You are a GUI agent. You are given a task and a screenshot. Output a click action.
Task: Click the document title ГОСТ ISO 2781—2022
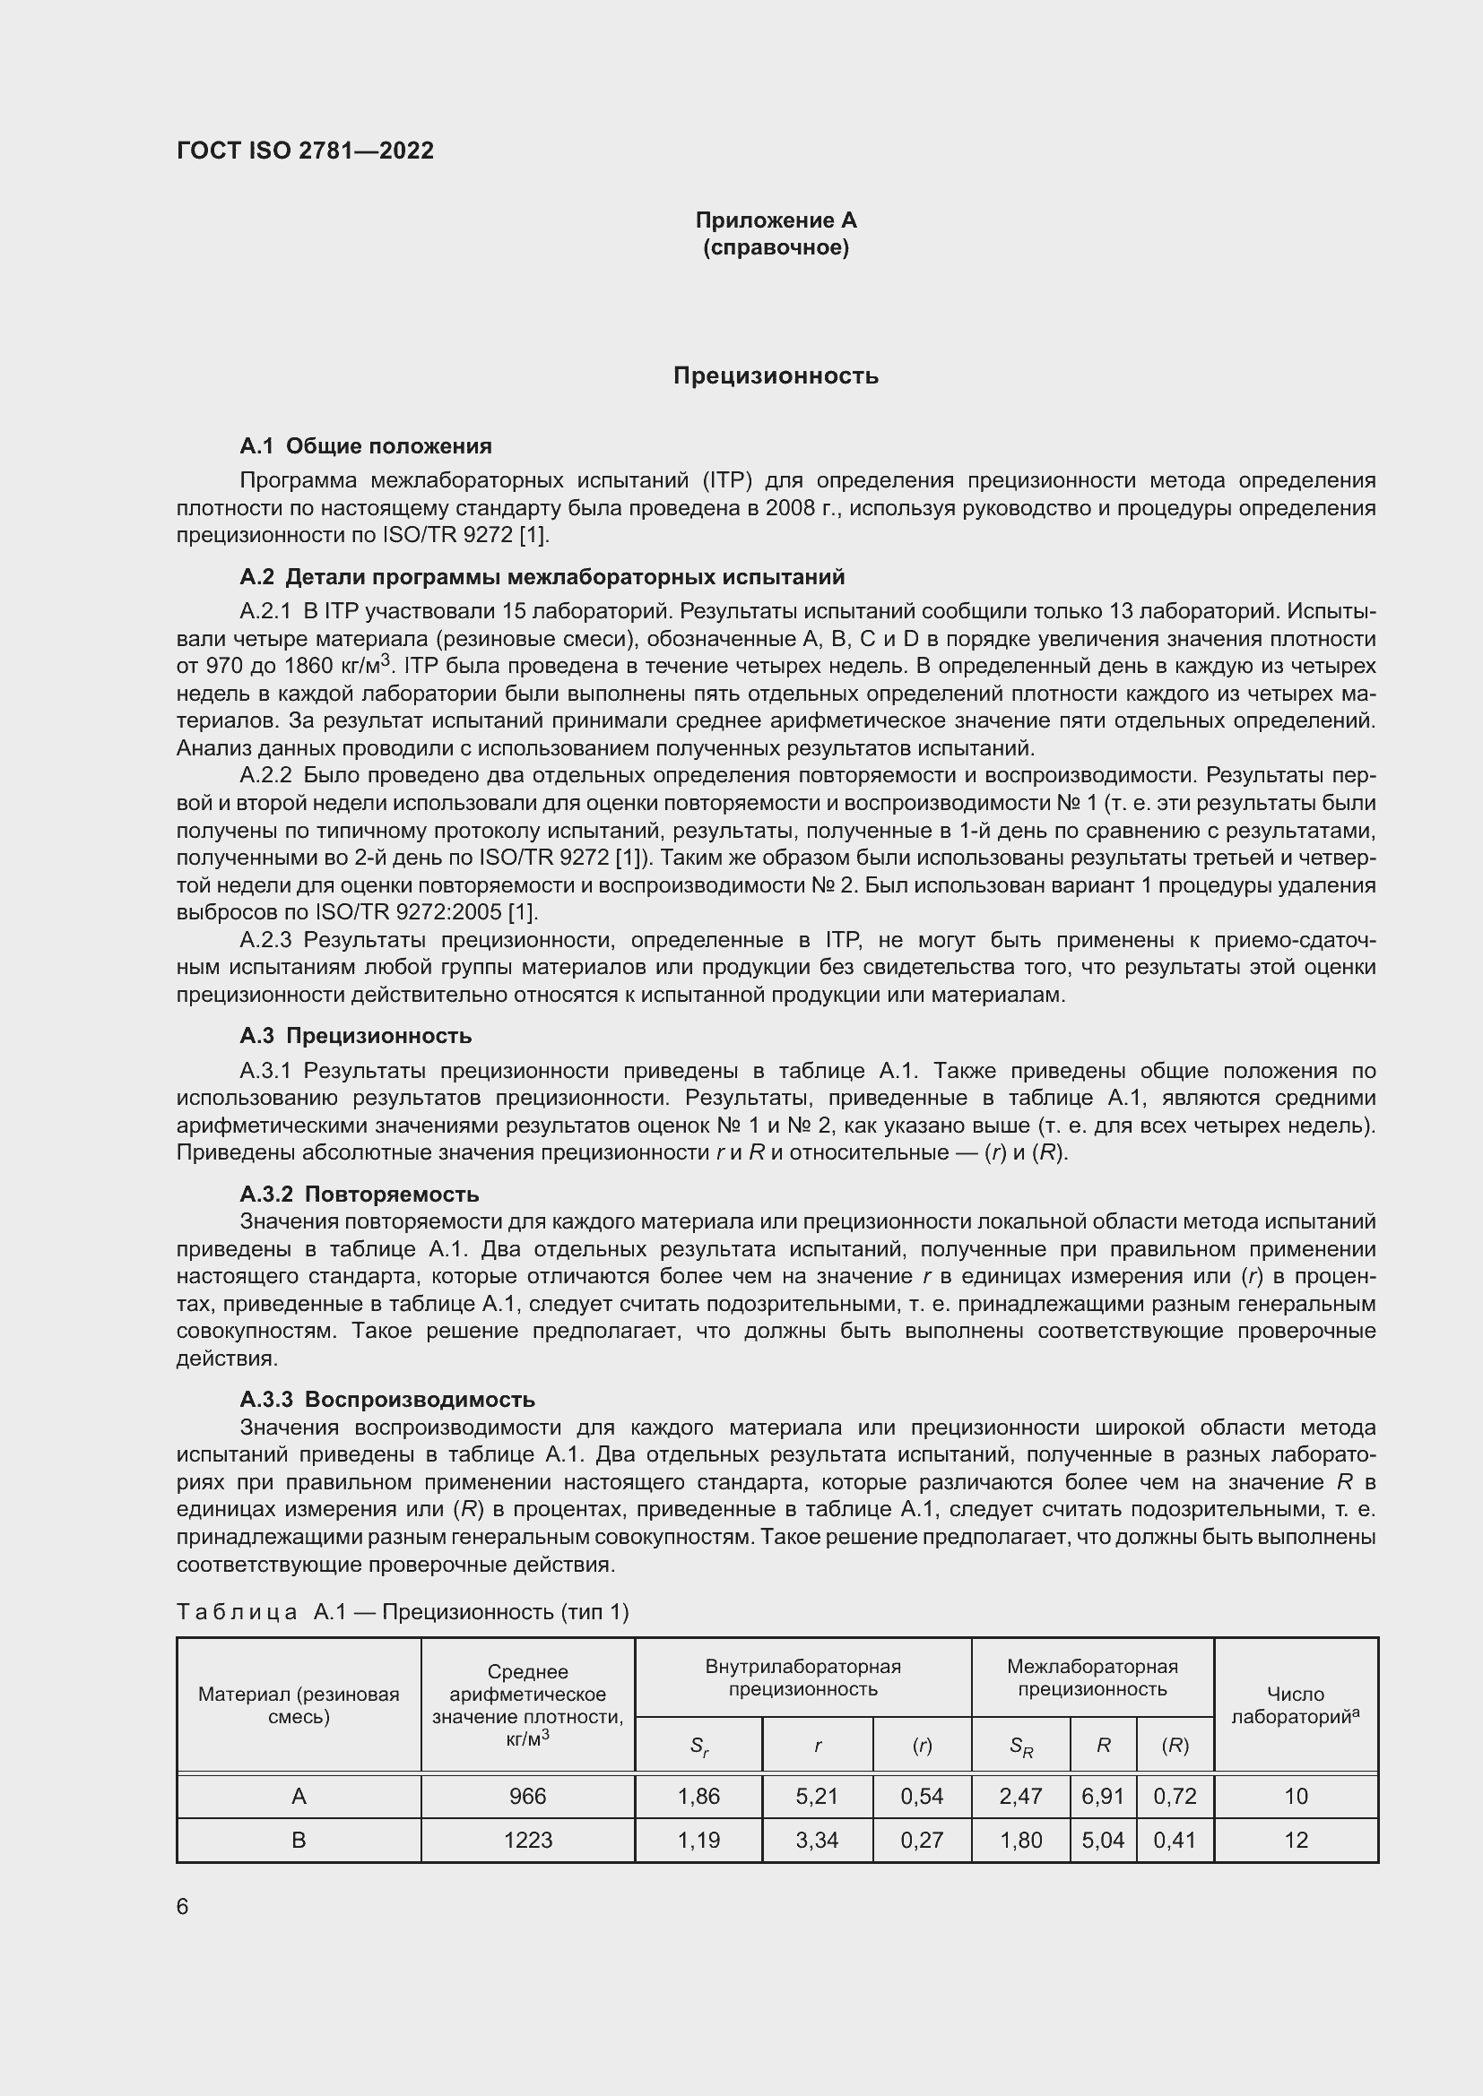[x=305, y=151]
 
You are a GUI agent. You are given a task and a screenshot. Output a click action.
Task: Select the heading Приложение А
[x=776, y=220]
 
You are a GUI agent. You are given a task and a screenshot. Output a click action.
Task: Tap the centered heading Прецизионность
[x=776, y=375]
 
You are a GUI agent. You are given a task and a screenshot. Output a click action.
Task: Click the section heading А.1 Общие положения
[x=365, y=445]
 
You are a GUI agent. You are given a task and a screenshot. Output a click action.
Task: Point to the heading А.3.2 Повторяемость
[x=359, y=1194]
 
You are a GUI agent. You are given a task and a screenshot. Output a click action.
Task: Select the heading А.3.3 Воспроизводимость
[x=387, y=1400]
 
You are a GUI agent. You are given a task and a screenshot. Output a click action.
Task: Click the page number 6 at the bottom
[x=183, y=1907]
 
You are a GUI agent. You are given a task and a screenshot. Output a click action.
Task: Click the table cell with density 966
[x=528, y=1797]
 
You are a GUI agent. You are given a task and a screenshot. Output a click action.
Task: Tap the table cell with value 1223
[x=528, y=1841]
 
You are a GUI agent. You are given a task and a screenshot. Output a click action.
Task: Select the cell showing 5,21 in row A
[x=817, y=1797]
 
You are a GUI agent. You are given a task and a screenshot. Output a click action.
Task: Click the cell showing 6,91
[x=1102, y=1797]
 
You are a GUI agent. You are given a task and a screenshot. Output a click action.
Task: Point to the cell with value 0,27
[x=922, y=1841]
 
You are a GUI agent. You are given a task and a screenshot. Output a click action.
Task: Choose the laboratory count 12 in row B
[x=1296, y=1841]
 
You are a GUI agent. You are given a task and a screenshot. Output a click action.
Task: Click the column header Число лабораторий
[x=1296, y=1705]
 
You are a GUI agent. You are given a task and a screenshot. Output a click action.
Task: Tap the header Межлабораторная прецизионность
[x=1092, y=1678]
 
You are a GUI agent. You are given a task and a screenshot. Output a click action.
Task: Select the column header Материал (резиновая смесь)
[x=299, y=1705]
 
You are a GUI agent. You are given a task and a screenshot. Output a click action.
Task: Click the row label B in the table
[x=299, y=1841]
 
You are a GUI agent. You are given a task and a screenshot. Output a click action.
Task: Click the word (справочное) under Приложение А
[x=776, y=247]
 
